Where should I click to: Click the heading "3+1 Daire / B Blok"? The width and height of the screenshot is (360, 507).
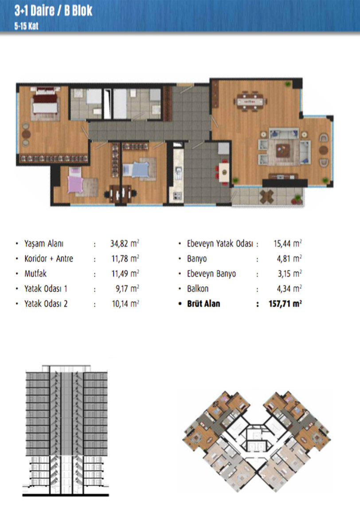pos(53,11)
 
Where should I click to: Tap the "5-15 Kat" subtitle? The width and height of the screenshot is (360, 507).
pos(26,26)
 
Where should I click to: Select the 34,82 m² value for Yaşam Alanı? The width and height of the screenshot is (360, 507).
pos(125,243)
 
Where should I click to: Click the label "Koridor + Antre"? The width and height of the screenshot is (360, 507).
pos(49,258)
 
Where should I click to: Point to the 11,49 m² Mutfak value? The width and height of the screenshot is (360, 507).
pos(125,274)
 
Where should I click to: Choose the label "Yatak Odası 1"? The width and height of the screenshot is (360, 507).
pos(46,288)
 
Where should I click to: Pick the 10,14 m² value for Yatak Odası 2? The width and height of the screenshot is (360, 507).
pos(125,303)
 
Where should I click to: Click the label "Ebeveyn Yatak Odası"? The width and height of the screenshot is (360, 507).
pos(220,243)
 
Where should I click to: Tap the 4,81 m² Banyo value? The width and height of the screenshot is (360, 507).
pos(289,258)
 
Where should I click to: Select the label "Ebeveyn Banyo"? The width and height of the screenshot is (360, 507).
pos(211,274)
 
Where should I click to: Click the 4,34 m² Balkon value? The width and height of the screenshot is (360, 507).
pos(289,288)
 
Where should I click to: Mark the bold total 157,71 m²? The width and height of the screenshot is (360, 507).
pos(285,303)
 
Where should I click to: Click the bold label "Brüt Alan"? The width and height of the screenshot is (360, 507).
pos(203,303)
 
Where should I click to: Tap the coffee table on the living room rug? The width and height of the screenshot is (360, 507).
pos(283,150)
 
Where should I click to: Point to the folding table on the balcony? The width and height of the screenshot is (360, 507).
pos(266,196)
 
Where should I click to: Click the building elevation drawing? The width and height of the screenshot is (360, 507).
pos(66,430)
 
